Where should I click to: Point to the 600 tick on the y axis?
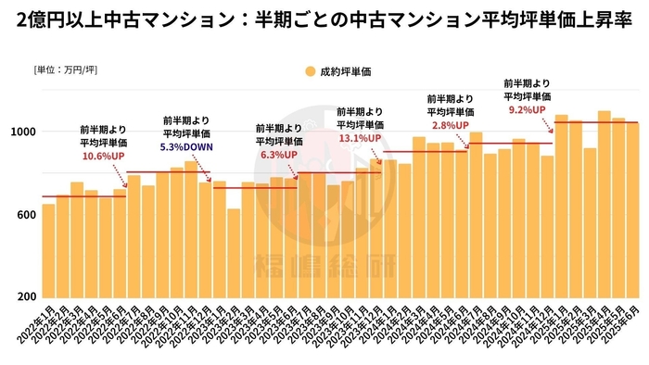point(25,215)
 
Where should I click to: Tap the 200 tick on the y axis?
point(25,297)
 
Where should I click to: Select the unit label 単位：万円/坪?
point(65,70)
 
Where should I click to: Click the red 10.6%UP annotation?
point(103,157)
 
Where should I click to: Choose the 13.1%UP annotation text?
point(361,138)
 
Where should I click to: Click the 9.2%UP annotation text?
point(528,109)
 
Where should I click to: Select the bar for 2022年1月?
point(48,250)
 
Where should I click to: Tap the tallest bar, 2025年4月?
point(604,204)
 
